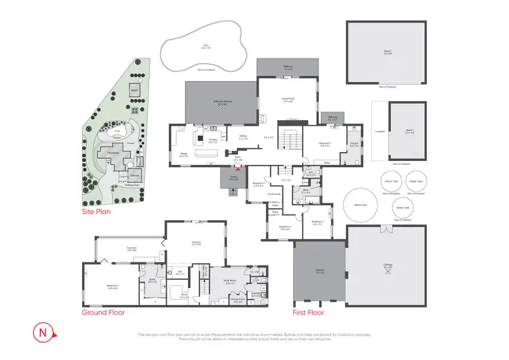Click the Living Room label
click(x=288, y=100)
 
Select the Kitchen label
click(x=212, y=141)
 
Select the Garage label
click(x=388, y=268)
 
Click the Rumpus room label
click(x=196, y=244)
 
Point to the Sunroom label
click(x=131, y=249)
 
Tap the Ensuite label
click(x=354, y=144)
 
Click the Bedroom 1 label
click(x=325, y=144)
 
